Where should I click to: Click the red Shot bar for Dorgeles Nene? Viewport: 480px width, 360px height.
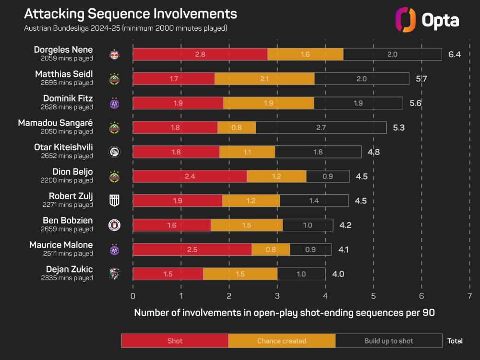pos(200,54)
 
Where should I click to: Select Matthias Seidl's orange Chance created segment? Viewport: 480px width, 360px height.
pos(264,79)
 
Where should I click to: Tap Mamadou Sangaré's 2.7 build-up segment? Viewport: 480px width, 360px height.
pos(321,128)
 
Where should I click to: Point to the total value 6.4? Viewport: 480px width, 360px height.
pos(454,54)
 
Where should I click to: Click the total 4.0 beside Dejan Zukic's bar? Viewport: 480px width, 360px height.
pos(338,274)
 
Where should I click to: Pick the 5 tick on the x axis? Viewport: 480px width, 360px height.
pos(373,296)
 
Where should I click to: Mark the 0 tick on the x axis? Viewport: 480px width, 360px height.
pos(133,296)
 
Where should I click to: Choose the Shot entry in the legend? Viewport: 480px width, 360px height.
pos(175,341)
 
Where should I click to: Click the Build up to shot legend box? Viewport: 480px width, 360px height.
pos(388,341)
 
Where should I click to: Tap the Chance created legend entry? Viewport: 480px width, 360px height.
pos(281,341)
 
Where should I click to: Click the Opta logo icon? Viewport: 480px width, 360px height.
pos(405,20)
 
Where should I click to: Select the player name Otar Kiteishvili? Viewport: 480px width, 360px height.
pos(62,147)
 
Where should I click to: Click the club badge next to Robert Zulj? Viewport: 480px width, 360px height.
pos(114,201)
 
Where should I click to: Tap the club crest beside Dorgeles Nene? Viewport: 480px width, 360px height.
pos(114,54)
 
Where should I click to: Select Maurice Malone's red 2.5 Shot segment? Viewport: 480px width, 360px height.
pos(192,250)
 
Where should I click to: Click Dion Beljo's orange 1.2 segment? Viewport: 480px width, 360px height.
pos(276,177)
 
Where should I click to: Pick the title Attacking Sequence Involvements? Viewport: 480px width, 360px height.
pos(131,13)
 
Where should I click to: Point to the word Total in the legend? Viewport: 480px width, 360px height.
pos(455,341)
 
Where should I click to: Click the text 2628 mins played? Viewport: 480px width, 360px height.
pos(67,107)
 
